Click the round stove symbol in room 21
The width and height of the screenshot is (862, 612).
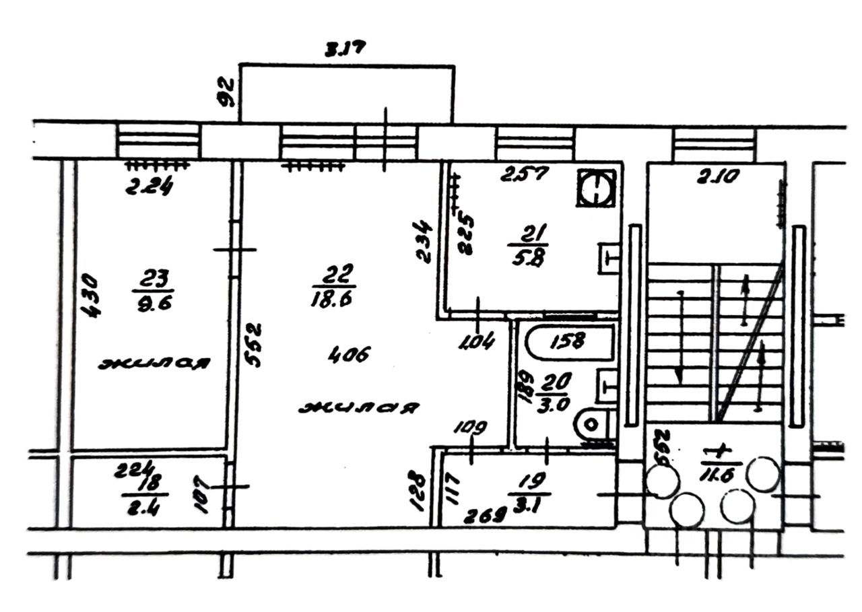[596, 188]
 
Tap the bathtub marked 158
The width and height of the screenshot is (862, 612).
[570, 342]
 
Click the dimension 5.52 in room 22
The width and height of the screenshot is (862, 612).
[253, 345]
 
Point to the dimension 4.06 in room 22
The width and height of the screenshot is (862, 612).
[350, 353]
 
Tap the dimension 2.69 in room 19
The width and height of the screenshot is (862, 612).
[485, 516]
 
